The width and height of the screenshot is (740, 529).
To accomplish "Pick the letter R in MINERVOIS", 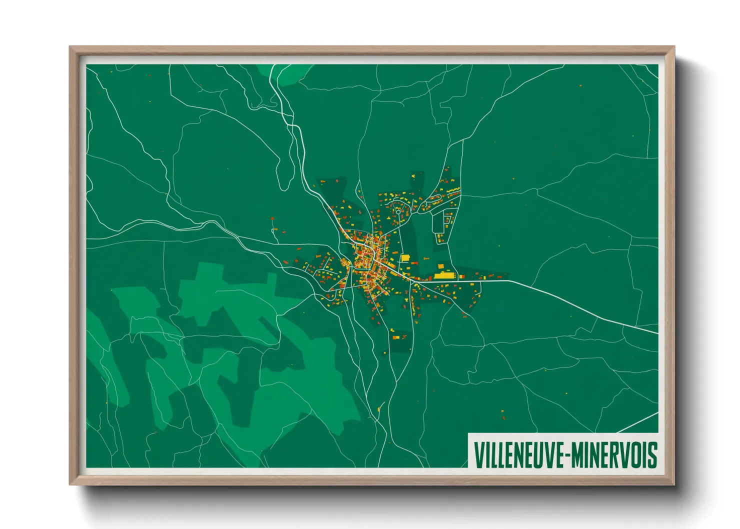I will pos(614,455).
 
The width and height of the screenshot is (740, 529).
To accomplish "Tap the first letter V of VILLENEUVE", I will pos(478,455).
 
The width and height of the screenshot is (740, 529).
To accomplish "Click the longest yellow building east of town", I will pos(443,275).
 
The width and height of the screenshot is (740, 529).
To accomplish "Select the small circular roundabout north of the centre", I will pos(398,211).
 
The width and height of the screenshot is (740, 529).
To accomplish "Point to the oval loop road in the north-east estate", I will pos(433,201).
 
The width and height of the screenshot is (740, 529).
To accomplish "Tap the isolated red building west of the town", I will pos(273,219).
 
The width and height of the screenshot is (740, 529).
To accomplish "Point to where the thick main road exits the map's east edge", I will pos(657,332).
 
